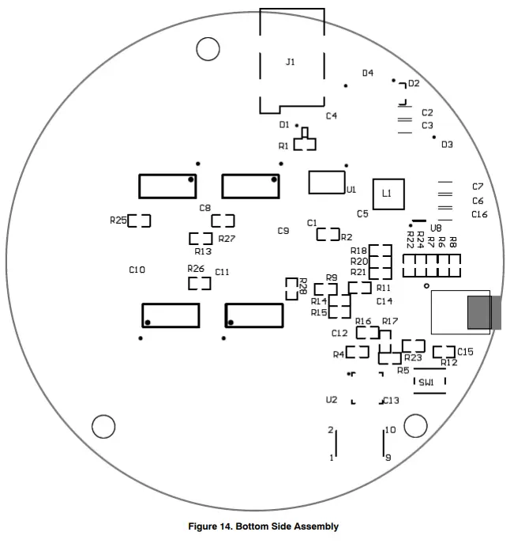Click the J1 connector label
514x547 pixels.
coord(291,62)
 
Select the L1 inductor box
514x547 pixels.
coord(387,193)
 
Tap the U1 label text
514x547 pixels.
coord(351,190)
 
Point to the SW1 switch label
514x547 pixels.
coord(426,383)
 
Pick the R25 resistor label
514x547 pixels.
coord(118,221)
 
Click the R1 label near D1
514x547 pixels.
coord(284,146)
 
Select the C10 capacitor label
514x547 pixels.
coord(137,270)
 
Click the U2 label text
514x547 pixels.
coord(332,400)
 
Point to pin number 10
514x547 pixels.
coord(390,431)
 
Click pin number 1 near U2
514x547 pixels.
coord(332,458)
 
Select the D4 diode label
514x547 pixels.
coord(368,73)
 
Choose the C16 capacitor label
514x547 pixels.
coord(479,214)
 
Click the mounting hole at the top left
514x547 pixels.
coord(208,49)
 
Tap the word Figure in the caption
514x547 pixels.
coord(203,526)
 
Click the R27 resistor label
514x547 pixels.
coord(227,239)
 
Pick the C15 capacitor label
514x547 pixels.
coord(465,352)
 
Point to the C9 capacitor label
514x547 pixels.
coord(283,231)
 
